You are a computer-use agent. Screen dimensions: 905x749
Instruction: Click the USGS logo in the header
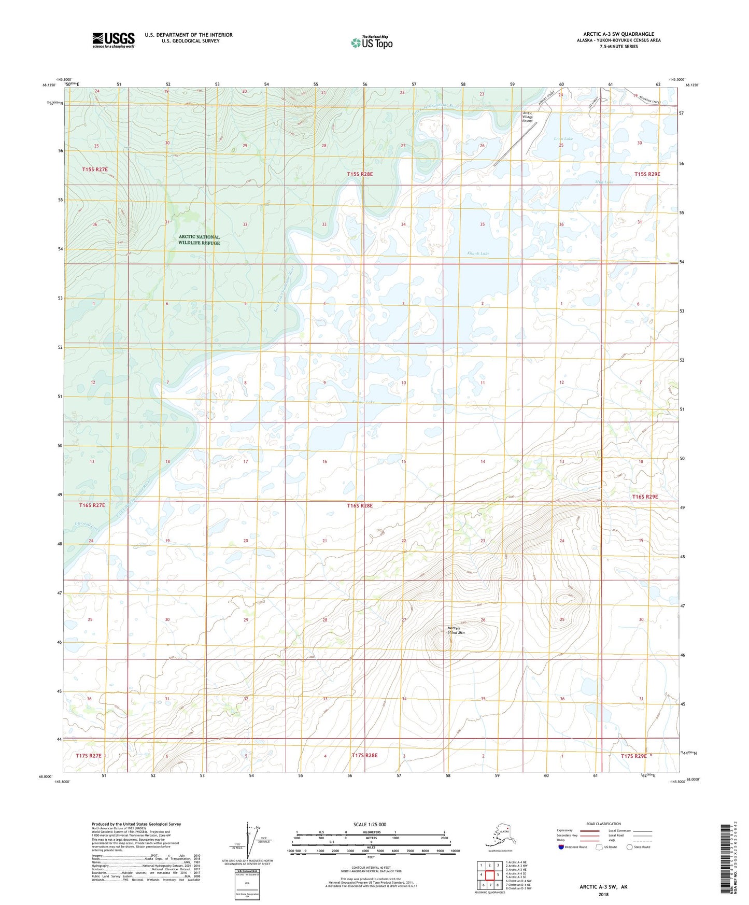pos(114,40)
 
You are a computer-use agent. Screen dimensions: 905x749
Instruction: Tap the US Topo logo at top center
pos(371,43)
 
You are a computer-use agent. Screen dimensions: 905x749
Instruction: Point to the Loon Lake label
pos(563,139)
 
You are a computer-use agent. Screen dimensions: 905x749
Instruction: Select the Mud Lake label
pos(604,182)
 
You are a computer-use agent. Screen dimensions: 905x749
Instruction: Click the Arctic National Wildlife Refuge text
pos(199,240)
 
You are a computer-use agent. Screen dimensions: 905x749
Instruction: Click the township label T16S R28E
pos(360,505)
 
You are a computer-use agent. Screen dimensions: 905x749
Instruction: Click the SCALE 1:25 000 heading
pos(370,824)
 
